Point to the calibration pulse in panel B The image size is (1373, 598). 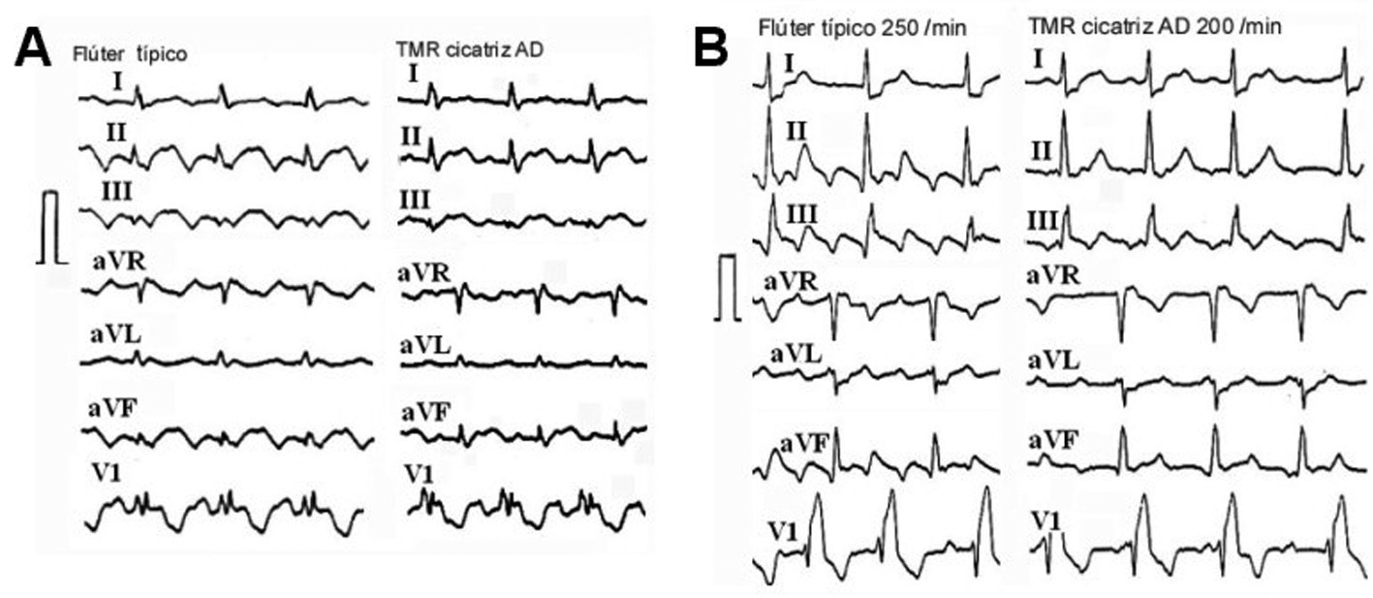pyautogui.click(x=728, y=288)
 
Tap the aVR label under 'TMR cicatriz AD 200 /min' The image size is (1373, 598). pyautogui.click(x=1056, y=276)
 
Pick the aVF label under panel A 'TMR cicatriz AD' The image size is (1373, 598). pyautogui.click(x=425, y=413)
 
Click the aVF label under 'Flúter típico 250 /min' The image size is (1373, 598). pyautogui.click(x=803, y=443)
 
